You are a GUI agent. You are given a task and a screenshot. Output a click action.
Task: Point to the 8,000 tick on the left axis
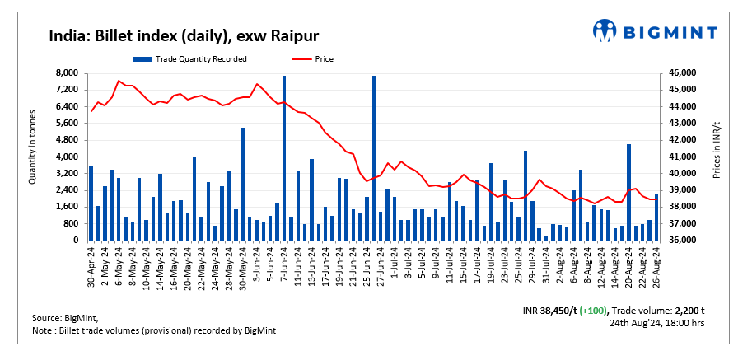[x=67, y=73]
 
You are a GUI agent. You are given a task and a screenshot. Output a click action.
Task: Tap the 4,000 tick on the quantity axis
[x=67, y=157]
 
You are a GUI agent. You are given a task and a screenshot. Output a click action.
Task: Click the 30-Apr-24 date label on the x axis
[x=91, y=264]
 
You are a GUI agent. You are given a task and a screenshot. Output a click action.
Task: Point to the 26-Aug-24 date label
[x=656, y=264]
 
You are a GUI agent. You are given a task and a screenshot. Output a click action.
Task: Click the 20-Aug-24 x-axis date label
[x=628, y=264]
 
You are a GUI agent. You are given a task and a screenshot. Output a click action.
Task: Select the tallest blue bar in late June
[x=374, y=157]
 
